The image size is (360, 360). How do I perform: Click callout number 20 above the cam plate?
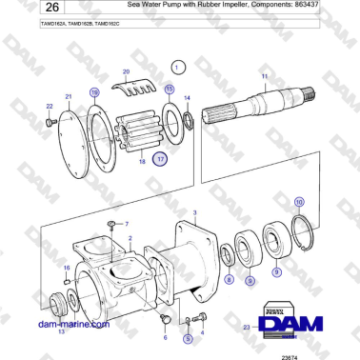(126, 72)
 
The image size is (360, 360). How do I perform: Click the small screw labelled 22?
(51, 119)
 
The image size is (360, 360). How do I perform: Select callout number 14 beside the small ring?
(187, 98)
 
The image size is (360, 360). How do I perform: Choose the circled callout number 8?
(229, 279)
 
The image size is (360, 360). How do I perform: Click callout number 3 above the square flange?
(194, 213)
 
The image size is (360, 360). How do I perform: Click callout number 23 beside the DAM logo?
(247, 328)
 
